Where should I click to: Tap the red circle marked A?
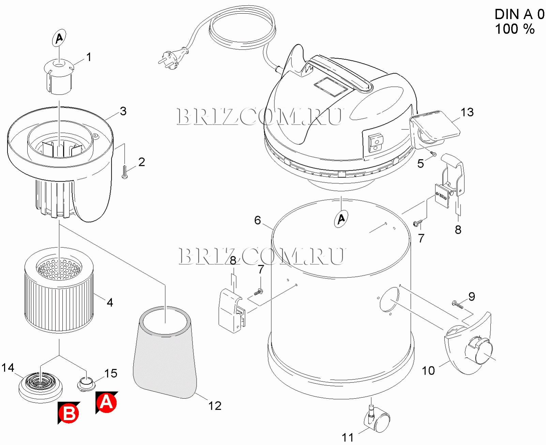point(107,403)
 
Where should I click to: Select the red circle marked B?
point(69,413)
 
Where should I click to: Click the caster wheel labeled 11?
point(378,421)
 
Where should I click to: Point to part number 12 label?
point(215,406)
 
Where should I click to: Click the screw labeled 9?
point(458,304)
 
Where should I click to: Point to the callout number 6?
point(258,220)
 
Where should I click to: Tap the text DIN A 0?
point(519,14)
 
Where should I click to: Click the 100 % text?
point(515,29)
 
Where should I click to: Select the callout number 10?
point(428,371)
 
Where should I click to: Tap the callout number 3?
point(123,111)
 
